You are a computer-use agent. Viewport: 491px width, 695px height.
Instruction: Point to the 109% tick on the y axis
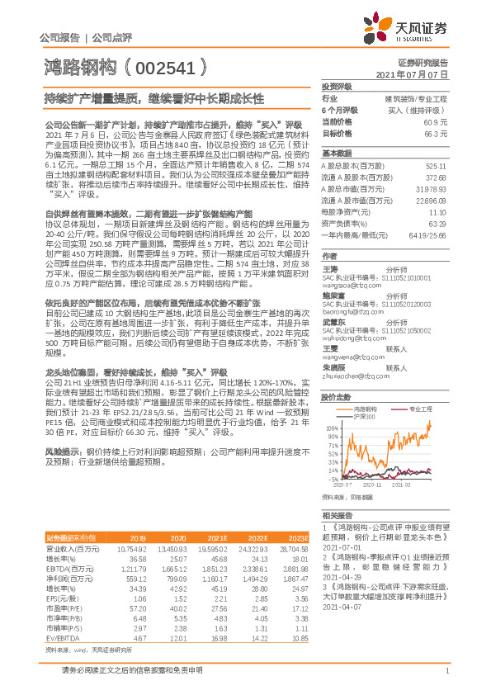330,428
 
